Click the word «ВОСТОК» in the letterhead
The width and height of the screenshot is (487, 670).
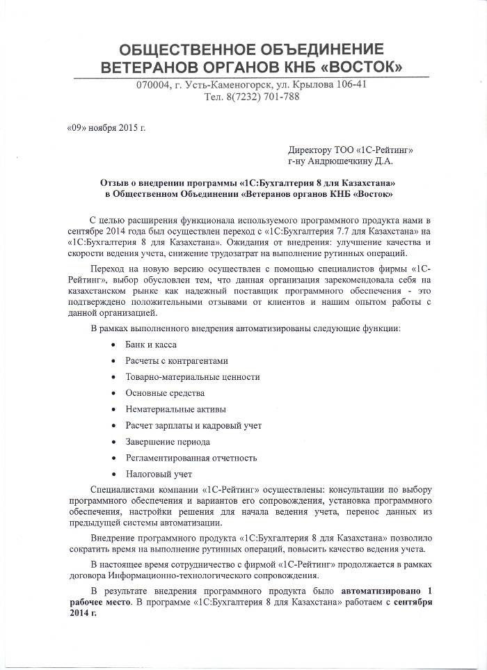coord(358,68)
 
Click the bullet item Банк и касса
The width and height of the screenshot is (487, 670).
coord(151,344)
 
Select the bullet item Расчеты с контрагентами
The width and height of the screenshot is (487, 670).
coord(177,361)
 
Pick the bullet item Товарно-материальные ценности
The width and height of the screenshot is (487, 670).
coord(193,377)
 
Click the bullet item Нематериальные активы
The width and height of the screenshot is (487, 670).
coord(175,409)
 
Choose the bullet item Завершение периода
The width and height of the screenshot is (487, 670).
coord(168,442)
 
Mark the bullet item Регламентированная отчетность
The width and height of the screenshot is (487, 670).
coord(191,458)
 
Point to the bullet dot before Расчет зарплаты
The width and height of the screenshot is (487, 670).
coord(113,426)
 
